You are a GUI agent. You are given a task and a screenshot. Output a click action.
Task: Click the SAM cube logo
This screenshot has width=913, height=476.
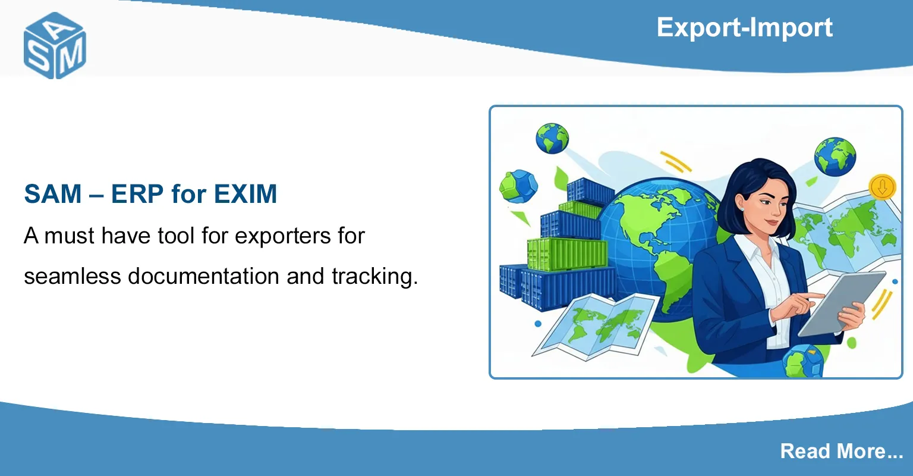click(x=55, y=46)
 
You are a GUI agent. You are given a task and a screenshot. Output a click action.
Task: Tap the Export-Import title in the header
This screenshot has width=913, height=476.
click(x=744, y=27)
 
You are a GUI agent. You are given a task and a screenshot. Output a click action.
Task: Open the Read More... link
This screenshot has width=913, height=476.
click(x=841, y=451)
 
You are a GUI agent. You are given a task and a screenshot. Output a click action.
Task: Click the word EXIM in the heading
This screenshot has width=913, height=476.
click(x=245, y=194)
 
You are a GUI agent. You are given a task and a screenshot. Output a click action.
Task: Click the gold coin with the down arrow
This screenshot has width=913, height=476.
click(x=882, y=187)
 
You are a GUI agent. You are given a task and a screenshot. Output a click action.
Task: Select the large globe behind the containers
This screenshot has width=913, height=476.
click(x=654, y=238)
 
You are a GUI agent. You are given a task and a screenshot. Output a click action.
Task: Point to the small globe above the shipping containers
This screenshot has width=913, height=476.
click(x=552, y=138)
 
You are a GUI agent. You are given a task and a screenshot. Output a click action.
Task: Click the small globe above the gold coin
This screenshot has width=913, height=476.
click(x=835, y=156)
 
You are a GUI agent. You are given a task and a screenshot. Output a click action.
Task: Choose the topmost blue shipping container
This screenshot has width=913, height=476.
click(x=590, y=191)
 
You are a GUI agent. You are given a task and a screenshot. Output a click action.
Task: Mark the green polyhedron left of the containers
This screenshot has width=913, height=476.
click(x=518, y=187)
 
